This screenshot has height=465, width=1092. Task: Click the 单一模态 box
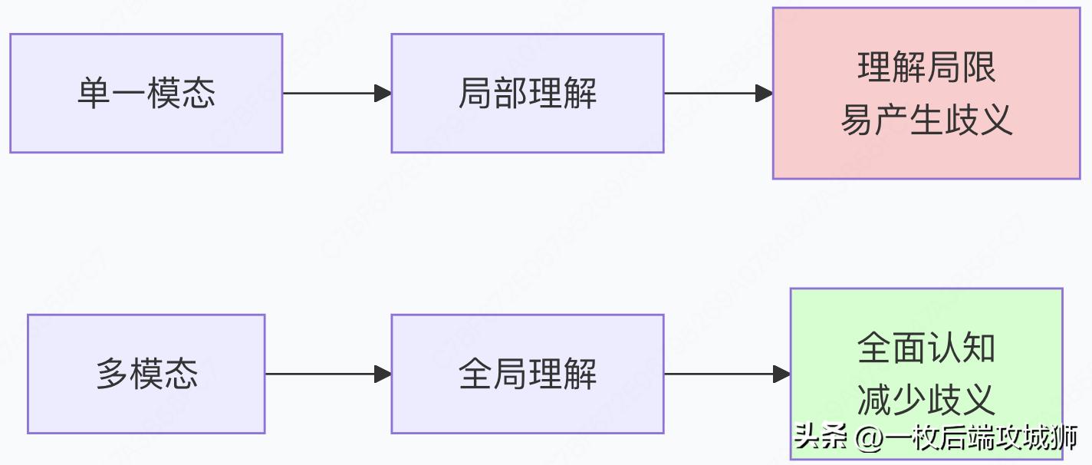click(146, 93)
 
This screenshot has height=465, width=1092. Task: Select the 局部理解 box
click(527, 93)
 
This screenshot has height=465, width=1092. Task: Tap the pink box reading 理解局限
click(926, 93)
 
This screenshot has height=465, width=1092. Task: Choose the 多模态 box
click(146, 374)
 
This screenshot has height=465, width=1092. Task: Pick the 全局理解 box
click(527, 374)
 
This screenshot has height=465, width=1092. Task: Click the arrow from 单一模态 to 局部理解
click(337, 94)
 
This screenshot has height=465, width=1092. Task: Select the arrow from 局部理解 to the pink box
click(718, 94)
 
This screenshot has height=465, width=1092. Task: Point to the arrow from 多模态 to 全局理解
click(328, 374)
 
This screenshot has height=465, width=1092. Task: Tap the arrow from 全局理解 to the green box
click(726, 374)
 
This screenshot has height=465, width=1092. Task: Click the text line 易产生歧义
click(926, 120)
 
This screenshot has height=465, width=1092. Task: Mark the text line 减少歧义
click(926, 400)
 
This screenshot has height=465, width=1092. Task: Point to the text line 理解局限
click(926, 68)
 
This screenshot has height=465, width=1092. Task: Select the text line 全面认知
click(926, 348)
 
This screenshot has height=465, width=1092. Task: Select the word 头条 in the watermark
click(821, 438)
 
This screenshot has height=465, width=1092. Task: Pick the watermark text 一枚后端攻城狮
click(982, 438)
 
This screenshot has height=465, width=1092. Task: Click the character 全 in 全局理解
click(475, 374)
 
